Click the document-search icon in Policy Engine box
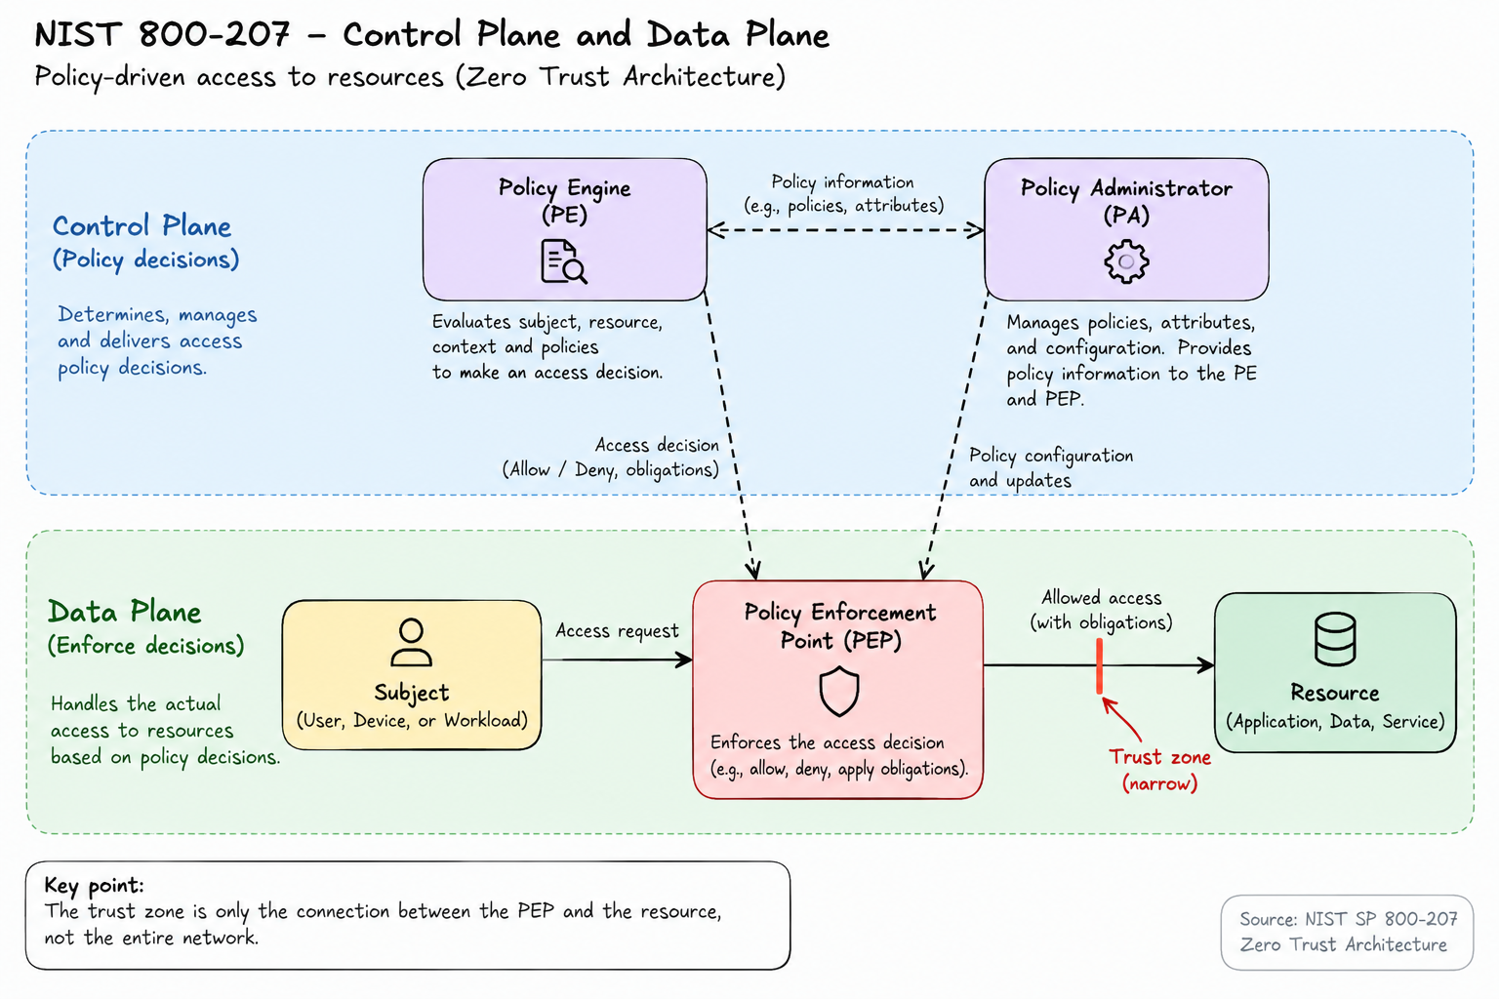563,261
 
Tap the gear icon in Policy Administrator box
1126,260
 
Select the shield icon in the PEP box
838,692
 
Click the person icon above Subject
411,642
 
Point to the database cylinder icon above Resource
1335,639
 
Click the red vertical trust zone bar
1099,665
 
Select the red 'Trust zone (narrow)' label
1159,770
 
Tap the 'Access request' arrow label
617,631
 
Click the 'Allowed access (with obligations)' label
1101,611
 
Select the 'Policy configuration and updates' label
1051,467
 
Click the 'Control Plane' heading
142,226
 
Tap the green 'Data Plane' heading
125,612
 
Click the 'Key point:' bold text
94,885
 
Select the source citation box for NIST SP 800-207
1347,932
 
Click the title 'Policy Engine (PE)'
564,201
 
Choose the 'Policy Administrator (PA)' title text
1126,201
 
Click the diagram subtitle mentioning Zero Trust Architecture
410,77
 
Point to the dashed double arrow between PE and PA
845,230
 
